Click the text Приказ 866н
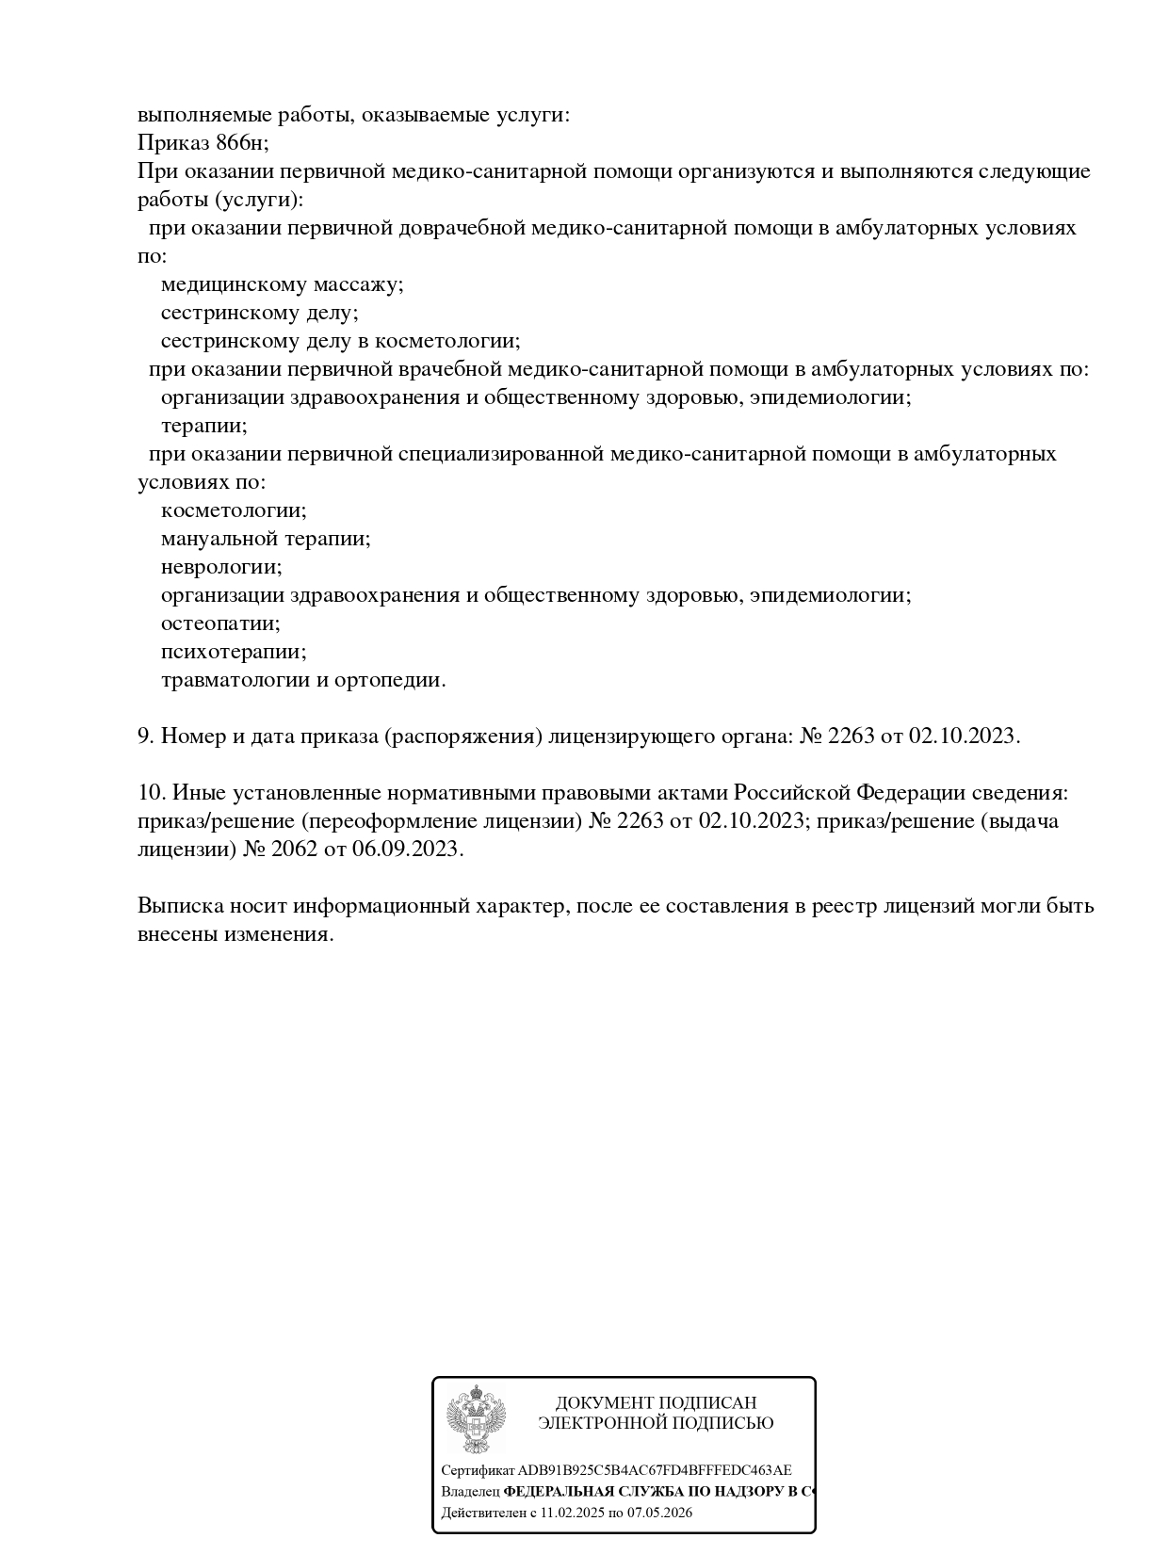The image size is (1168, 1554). pyautogui.click(x=203, y=143)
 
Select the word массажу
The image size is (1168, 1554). pyautogui.click(x=358, y=284)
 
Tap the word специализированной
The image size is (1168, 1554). pyautogui.click(x=500, y=454)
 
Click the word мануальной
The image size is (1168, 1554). pyautogui.click(x=222, y=539)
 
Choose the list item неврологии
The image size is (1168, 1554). pyautogui.click(x=221, y=567)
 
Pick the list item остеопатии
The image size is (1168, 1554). pyautogui.click(x=220, y=623)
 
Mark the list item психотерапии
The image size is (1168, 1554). pyautogui.click(x=234, y=652)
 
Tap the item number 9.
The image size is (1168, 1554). pyautogui.click(x=145, y=736)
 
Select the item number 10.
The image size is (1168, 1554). pyautogui.click(x=150, y=792)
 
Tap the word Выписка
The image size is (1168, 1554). pyautogui.click(x=179, y=906)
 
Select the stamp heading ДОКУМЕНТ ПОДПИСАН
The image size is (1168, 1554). pyautogui.click(x=656, y=1402)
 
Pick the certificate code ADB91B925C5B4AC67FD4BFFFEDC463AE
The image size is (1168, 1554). pyautogui.click(x=655, y=1470)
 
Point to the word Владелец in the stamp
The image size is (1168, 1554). pyautogui.click(x=470, y=1492)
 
